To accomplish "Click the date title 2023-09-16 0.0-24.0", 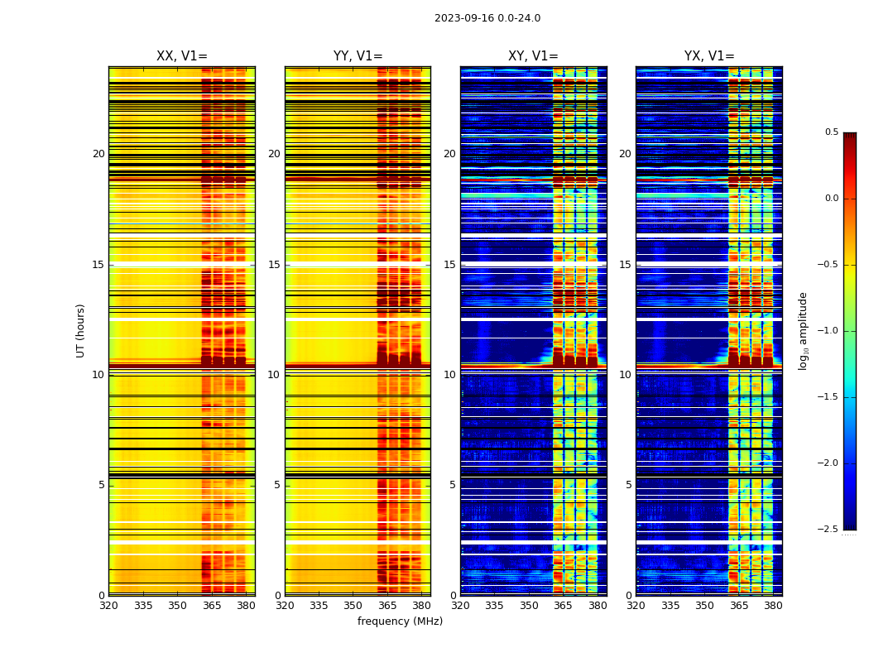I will [487, 18].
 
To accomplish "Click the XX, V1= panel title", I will [182, 56].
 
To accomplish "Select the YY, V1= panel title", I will [358, 56].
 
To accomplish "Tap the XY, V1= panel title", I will [533, 56].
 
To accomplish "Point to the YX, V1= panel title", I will [709, 56].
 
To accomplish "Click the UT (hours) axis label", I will [81, 330].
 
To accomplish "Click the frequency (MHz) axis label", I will [400, 621].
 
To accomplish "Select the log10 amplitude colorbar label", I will [803, 330].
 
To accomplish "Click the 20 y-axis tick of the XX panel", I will [98, 154].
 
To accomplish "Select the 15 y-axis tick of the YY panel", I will [274, 265].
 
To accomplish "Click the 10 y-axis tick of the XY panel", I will [449, 375].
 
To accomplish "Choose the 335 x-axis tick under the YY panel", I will [319, 606].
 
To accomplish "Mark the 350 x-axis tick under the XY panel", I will [529, 606].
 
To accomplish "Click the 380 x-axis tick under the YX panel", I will [773, 606].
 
